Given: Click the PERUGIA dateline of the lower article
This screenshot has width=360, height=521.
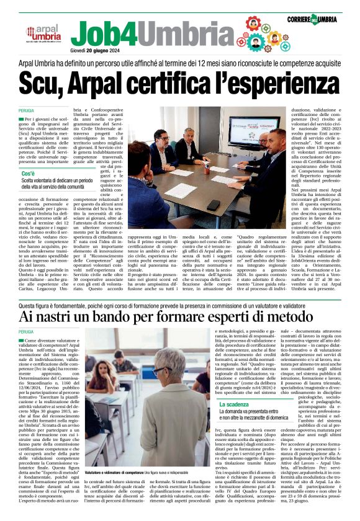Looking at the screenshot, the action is [x=27, y=332].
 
